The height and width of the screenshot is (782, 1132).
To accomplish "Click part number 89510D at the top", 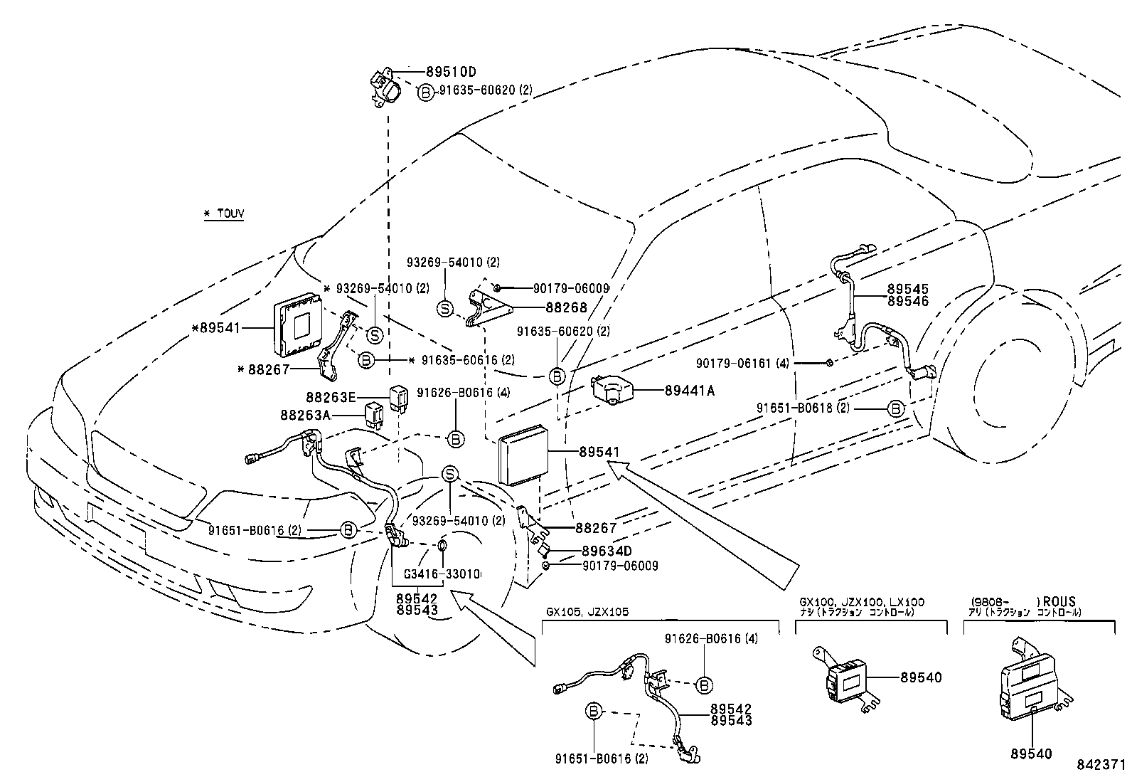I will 451,72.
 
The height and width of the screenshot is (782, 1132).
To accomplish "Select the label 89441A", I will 689,391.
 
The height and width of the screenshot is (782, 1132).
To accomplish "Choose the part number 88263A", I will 305,415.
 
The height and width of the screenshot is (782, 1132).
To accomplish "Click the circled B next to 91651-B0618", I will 895,408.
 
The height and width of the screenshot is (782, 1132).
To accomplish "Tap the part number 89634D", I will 607,551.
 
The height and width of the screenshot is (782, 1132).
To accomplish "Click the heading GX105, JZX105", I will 587,612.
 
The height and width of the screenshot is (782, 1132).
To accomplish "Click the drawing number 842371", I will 1101,766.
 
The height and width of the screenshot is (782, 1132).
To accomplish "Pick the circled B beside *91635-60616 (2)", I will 365,360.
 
